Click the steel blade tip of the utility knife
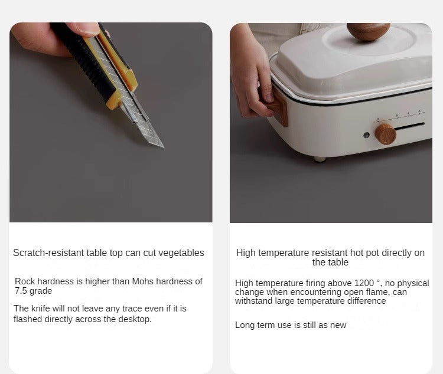[163, 146]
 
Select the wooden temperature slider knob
[386, 134]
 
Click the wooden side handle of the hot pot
[278, 107]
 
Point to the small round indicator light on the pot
[366, 135]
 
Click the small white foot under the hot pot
[320, 159]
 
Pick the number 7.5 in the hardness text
[21, 291]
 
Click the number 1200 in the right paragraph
[364, 283]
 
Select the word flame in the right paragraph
[381, 292]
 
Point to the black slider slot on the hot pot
[410, 126]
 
